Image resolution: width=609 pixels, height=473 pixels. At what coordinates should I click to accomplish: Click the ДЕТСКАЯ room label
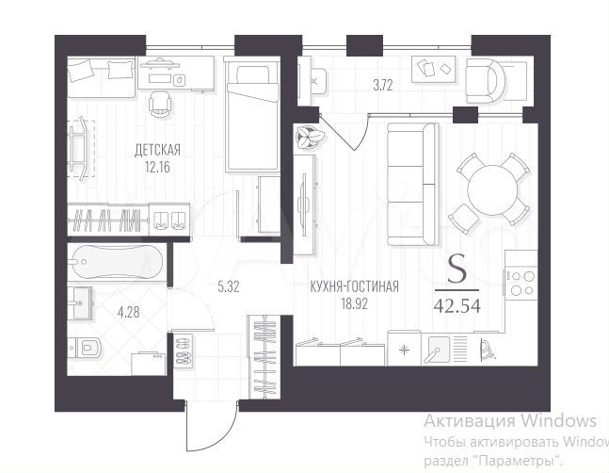click(x=157, y=149)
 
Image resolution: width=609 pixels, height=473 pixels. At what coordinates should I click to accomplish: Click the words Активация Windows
click(x=509, y=420)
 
